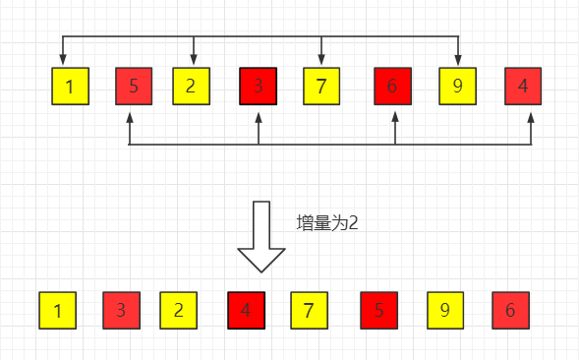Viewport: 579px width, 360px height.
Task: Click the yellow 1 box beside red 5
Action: [x=70, y=87]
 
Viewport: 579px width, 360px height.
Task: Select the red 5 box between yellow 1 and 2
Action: [x=135, y=87]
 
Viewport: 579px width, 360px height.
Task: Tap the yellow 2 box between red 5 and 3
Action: [x=193, y=87]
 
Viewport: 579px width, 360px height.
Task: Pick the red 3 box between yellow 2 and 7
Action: [x=259, y=87]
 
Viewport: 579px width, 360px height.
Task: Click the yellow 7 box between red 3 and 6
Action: [x=321, y=87]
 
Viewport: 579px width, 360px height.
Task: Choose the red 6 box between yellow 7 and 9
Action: [x=393, y=87]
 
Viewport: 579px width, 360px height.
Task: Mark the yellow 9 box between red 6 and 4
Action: [x=458, y=87]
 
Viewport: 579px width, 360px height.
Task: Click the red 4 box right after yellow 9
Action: [x=523, y=87]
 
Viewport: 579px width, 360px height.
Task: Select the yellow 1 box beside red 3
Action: [x=58, y=311]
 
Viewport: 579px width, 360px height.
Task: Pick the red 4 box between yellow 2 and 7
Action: [x=246, y=311]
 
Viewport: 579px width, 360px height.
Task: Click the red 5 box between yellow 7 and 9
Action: [x=380, y=311]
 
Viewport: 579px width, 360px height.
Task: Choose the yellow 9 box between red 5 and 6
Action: [x=445, y=311]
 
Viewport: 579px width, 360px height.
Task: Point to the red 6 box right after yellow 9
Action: [x=510, y=311]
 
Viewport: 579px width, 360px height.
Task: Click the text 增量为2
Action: [x=327, y=223]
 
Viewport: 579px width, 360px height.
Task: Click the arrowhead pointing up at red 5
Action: [x=130, y=116]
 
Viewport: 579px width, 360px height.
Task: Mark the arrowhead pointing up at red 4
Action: [x=531, y=116]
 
